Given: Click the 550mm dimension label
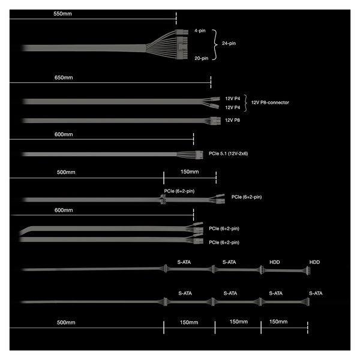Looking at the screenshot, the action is pyautogui.click(x=62, y=14).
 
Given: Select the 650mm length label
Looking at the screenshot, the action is pyautogui.click(x=64, y=77).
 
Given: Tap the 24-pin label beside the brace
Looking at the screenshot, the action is pyautogui.click(x=229, y=43).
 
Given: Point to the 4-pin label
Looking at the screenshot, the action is pyautogui.click(x=200, y=31).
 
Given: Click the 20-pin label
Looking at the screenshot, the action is pyautogui.click(x=202, y=58).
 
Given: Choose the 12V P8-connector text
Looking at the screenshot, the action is pyautogui.click(x=270, y=103).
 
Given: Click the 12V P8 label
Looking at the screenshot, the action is pyautogui.click(x=232, y=120).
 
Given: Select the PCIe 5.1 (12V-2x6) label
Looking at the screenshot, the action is pyautogui.click(x=228, y=154).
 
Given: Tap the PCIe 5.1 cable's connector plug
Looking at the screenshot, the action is pyautogui.click(x=199, y=155).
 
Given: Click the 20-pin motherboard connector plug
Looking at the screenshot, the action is pyautogui.click(x=182, y=48).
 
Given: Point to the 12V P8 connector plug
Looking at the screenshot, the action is pyautogui.click(x=215, y=121).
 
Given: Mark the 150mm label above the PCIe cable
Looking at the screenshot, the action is pyautogui.click(x=190, y=172).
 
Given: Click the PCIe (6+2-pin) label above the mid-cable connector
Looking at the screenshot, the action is pyautogui.click(x=179, y=191).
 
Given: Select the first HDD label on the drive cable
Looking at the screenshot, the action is pyautogui.click(x=275, y=262).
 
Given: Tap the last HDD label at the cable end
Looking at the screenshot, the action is pyautogui.click(x=314, y=262).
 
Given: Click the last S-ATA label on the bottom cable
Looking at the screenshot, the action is pyautogui.click(x=316, y=293).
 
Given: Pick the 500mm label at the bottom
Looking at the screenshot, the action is pyautogui.click(x=66, y=322).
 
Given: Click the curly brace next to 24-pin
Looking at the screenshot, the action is pyautogui.click(x=215, y=45).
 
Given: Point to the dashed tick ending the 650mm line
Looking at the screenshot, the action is pyautogui.click(x=211, y=82).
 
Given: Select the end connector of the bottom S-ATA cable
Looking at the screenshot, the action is pyautogui.click(x=308, y=302).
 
